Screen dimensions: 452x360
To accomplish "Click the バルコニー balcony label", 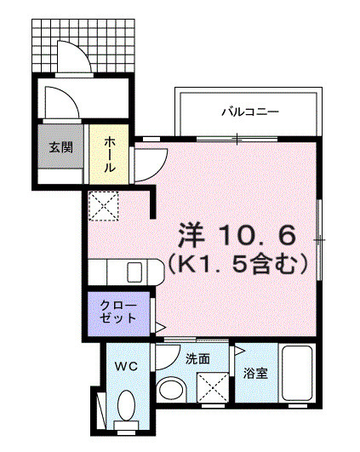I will click(250, 112).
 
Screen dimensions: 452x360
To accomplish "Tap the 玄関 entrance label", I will click(60, 146).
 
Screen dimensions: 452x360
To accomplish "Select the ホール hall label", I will click(110, 156).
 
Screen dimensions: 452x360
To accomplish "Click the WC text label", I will click(126, 366).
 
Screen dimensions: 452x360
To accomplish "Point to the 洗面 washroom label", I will click(197, 358).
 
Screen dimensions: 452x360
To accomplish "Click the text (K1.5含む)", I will click(237, 266).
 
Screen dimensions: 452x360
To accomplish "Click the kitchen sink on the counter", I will click(135, 272).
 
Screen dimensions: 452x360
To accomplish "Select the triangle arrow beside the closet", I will click(159, 326).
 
